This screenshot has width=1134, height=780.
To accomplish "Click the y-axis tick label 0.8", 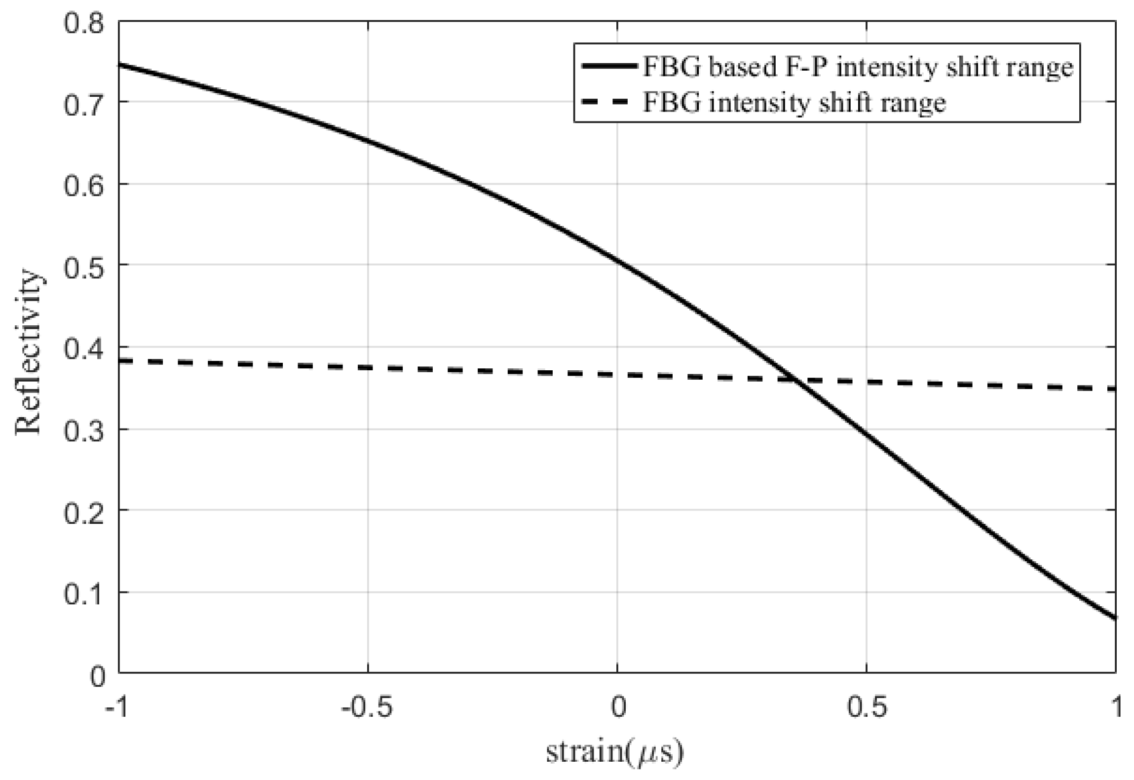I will [x=84, y=24].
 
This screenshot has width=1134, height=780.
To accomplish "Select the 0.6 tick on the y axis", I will [x=84, y=187].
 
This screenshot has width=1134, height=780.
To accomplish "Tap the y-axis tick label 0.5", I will [x=84, y=268].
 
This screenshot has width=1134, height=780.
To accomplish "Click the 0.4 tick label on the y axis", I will [x=84, y=350].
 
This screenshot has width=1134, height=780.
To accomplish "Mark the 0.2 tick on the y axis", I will [x=84, y=513].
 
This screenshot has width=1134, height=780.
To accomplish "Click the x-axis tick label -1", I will [x=116, y=707].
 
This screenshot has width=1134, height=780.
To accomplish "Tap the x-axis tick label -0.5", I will [x=367, y=707].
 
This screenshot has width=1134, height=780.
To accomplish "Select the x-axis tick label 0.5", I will [x=867, y=707].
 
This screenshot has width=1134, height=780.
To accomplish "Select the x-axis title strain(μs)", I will [x=615, y=752].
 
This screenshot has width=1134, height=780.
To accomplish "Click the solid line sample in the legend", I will [x=608, y=66].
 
